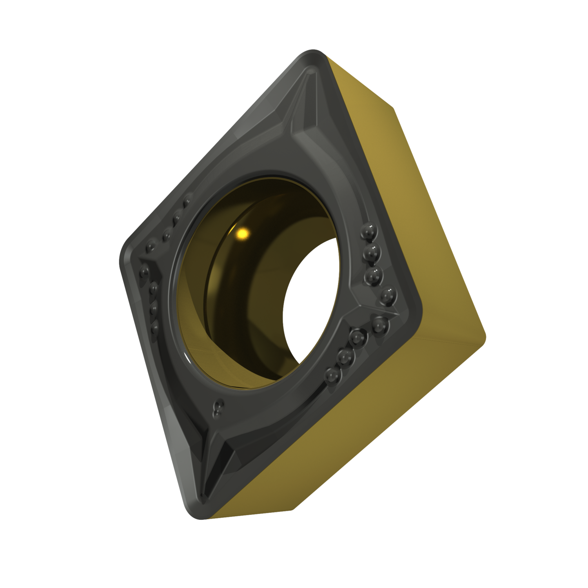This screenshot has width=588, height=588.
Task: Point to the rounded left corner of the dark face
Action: pos(123,255)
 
